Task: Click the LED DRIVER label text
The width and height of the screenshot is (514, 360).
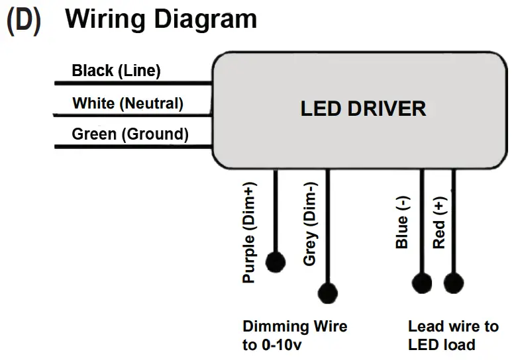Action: pos(363,109)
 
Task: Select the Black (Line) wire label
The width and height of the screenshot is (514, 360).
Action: pos(116,71)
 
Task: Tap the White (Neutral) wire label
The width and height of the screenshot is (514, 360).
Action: pos(127,103)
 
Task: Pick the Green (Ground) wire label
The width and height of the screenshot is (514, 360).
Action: pos(130,134)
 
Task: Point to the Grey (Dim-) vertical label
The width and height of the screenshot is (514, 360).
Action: pos(309,224)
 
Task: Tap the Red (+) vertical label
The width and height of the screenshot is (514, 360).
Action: pos(438,225)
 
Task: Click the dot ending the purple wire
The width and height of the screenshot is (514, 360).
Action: pos(275,262)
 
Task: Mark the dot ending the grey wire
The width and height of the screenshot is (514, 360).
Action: pos(328,292)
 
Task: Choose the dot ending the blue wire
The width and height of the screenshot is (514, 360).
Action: pos(421,283)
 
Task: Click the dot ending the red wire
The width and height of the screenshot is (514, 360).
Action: pos(453,283)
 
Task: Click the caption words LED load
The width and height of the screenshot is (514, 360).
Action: pos(441,345)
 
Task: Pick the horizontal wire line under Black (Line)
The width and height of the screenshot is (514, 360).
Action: pos(132,83)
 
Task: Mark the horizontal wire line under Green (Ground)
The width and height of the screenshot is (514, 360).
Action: pos(132,146)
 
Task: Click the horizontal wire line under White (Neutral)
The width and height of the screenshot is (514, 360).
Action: pos(132,114)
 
